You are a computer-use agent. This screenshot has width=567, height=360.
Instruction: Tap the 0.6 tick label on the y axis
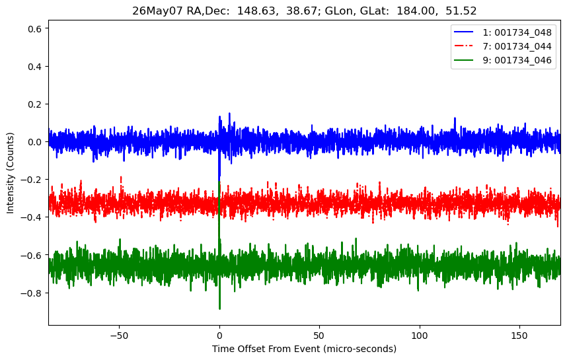point(35,28)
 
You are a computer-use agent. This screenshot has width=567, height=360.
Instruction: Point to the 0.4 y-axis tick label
point(35,67)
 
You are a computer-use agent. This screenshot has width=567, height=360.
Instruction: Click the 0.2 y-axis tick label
point(35,104)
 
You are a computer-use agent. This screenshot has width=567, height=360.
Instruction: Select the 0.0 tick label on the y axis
point(35,141)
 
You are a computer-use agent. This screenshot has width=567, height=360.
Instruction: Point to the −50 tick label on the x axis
point(120,336)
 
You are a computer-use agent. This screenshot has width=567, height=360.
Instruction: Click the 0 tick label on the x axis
point(219,336)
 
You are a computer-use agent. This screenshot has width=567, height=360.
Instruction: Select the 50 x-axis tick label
point(319,336)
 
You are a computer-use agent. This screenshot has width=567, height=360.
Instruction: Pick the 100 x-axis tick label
point(420,336)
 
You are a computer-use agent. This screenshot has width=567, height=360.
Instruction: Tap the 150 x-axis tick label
point(519,336)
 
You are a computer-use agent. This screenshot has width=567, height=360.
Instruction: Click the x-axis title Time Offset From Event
point(266,349)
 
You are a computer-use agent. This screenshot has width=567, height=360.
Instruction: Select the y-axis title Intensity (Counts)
point(10,173)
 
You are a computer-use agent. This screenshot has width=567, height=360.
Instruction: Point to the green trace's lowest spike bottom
point(219,309)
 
